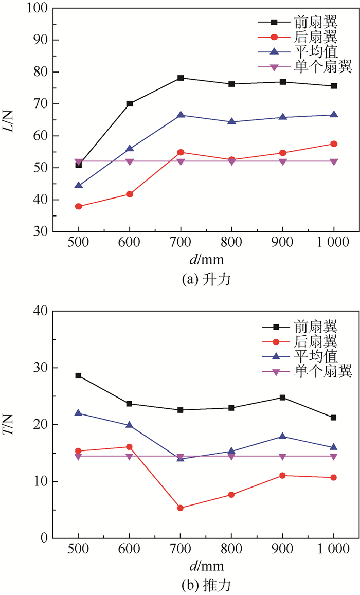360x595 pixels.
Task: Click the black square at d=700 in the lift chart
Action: point(181,78)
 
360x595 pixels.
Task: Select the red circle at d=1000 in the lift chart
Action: point(334,144)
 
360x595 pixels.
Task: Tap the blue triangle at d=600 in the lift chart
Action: point(130,148)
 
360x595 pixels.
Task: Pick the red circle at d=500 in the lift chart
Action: point(79,206)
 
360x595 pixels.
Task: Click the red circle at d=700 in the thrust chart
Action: point(181,508)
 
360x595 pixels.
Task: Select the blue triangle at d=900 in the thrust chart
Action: point(283,436)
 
